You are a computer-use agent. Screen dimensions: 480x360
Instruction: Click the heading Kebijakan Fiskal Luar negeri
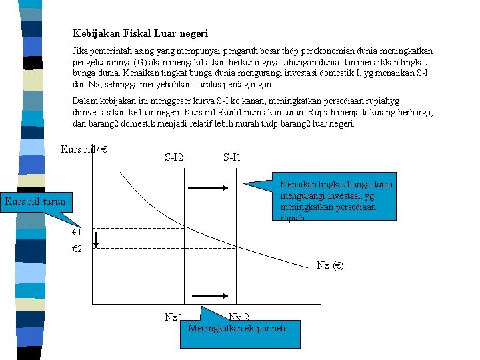point(140,33)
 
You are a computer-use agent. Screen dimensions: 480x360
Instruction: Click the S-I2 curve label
point(174,157)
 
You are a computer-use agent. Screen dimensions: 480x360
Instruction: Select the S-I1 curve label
point(232,157)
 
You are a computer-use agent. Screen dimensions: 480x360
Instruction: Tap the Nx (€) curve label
point(330,265)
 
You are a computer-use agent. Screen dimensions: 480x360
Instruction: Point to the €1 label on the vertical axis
point(77,232)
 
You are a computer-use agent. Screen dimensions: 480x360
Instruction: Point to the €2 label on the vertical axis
point(77,249)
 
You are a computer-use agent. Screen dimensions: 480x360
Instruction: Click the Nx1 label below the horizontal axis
point(173,317)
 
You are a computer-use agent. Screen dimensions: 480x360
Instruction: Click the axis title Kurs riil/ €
point(84,149)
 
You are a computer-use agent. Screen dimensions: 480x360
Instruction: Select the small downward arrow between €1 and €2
point(96,240)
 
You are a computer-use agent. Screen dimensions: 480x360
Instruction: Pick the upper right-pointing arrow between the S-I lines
point(208,188)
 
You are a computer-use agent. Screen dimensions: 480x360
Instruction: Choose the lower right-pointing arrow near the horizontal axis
point(210,296)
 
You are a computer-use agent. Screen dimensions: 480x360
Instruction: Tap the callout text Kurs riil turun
point(35,201)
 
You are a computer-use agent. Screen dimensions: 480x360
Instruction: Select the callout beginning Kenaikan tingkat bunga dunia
point(334,196)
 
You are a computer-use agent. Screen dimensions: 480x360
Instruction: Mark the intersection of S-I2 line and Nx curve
point(184,227)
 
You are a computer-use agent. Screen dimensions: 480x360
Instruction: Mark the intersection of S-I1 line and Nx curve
point(236,245)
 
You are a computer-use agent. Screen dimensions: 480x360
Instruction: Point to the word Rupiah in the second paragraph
point(321,113)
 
